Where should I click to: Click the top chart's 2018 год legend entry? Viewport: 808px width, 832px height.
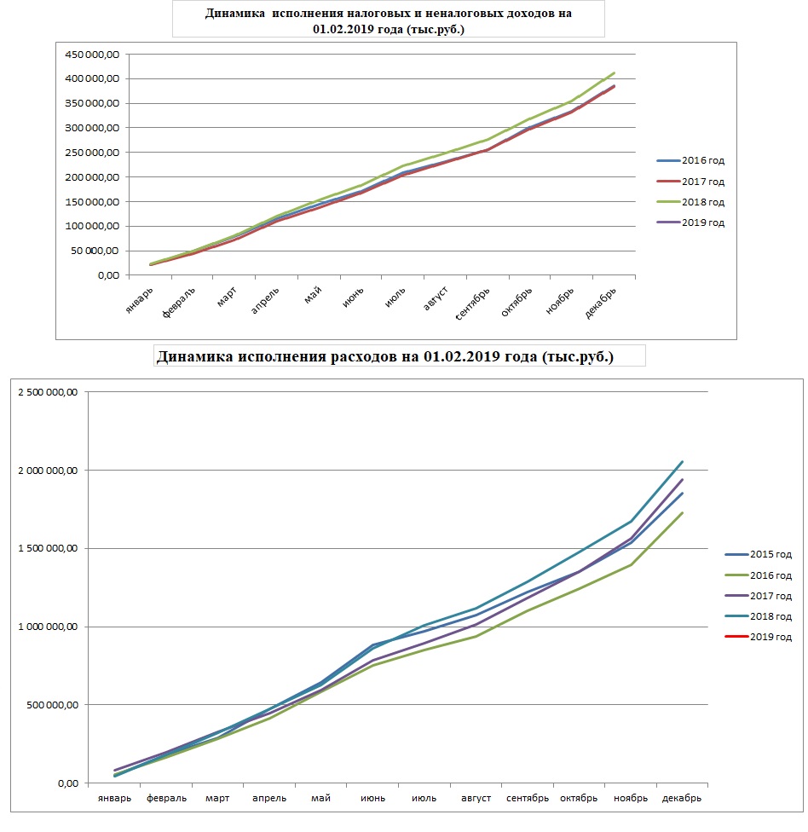coord(690,202)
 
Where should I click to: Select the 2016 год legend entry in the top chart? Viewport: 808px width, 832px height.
coord(690,160)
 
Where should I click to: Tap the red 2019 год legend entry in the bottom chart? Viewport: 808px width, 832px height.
coord(758,637)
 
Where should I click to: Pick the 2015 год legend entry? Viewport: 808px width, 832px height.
coord(758,554)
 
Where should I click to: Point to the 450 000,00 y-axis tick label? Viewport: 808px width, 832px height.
coord(92,54)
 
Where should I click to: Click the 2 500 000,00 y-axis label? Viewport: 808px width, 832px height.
coord(48,392)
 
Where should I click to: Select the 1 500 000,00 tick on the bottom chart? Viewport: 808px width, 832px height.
coord(48,548)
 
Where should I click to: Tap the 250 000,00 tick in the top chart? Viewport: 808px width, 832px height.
coord(92,153)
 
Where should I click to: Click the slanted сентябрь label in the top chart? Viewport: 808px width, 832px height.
coord(473,304)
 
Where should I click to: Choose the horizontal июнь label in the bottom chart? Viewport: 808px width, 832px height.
coord(373,798)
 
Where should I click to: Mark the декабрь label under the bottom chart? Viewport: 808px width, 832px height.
coord(682,798)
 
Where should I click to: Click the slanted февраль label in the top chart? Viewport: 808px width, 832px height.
coord(179,302)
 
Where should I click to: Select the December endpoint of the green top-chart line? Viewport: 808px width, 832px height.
coord(615,72)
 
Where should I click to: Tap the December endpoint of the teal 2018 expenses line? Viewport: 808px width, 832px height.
coord(682,462)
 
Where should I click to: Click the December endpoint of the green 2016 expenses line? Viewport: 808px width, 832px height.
coord(682,512)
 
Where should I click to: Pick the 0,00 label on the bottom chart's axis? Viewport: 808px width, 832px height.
coord(68,783)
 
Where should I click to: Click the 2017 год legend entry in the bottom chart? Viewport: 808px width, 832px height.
coord(758,596)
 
